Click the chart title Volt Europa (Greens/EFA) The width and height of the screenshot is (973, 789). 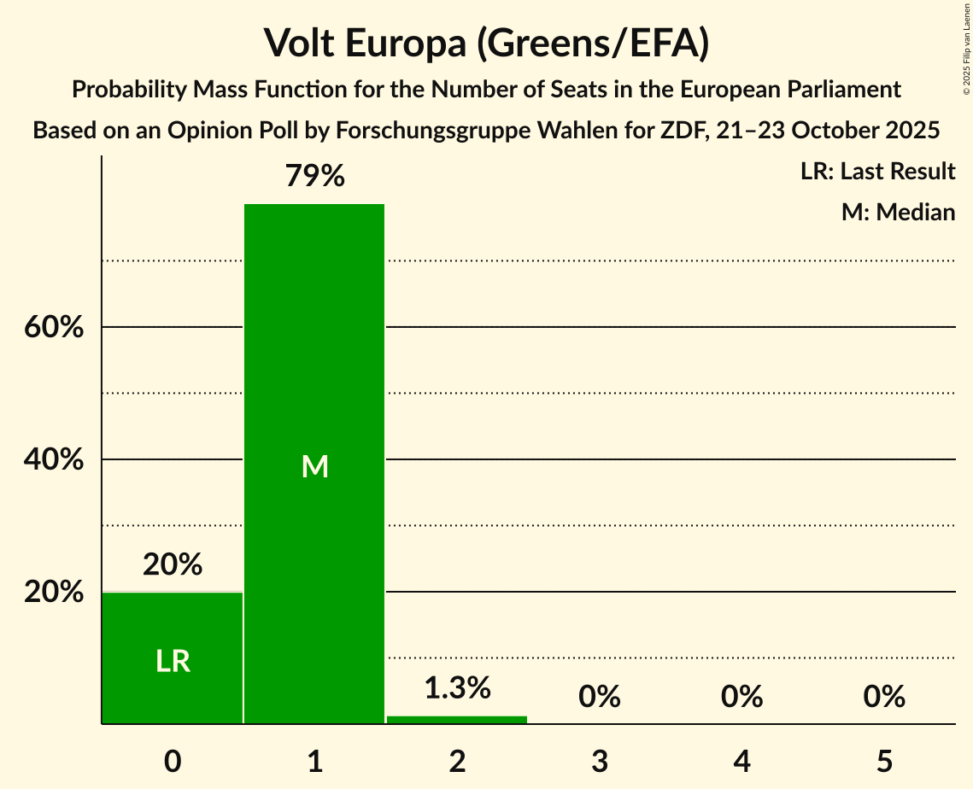486,43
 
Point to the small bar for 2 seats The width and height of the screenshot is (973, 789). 457,719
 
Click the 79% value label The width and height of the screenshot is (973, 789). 314,176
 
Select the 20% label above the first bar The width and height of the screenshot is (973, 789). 173,564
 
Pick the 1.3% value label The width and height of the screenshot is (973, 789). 457,687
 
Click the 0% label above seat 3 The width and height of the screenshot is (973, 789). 599,697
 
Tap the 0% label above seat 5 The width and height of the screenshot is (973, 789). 883,697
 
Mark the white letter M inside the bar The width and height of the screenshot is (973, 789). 314,466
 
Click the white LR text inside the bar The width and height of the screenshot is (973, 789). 173,661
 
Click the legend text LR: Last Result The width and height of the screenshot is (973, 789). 877,172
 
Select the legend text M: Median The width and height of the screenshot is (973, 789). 898,212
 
